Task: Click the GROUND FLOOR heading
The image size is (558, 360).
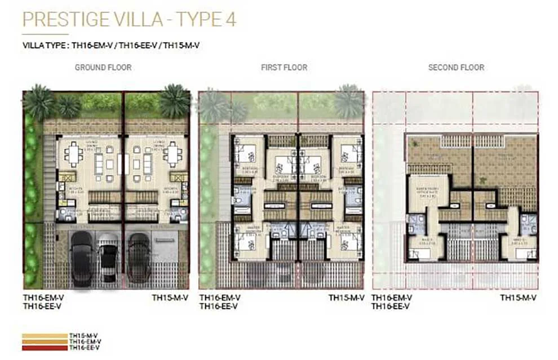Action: tap(103, 68)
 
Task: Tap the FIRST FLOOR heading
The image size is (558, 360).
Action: tap(284, 68)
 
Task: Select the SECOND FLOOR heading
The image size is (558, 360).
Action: tap(456, 68)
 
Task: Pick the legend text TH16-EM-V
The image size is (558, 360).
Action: tap(85, 341)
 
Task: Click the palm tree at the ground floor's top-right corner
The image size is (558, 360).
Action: tap(174, 101)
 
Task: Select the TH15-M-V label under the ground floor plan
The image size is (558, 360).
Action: tap(170, 297)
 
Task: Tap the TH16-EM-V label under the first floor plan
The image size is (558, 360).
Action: tap(220, 297)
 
